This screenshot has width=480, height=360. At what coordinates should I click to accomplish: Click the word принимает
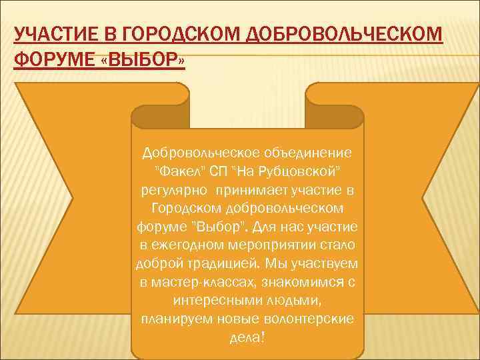[255, 190]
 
